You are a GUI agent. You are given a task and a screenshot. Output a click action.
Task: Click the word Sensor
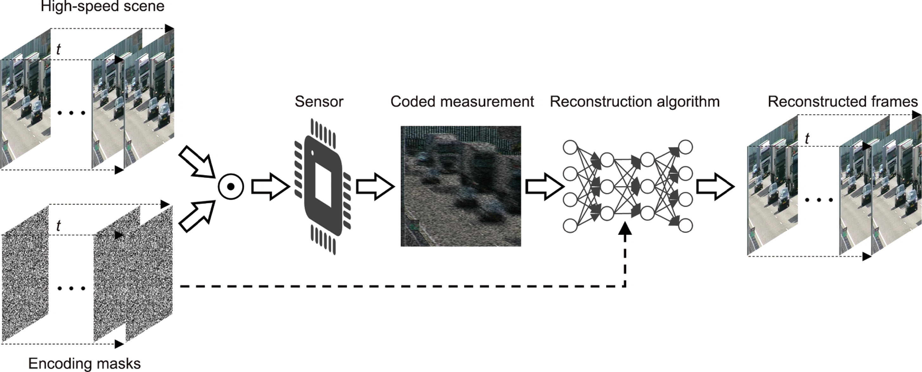(319, 102)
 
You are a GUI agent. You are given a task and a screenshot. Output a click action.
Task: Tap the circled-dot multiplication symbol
(231, 187)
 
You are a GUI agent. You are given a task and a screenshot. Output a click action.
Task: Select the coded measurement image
(461, 186)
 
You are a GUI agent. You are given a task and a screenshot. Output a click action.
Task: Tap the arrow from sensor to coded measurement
(374, 187)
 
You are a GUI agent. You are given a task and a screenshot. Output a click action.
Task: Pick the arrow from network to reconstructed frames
(715, 187)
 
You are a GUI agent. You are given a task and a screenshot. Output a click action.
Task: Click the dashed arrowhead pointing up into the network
(625, 228)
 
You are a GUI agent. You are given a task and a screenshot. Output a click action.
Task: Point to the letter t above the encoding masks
(58, 226)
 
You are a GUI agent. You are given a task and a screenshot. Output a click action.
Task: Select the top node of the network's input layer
(570, 147)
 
